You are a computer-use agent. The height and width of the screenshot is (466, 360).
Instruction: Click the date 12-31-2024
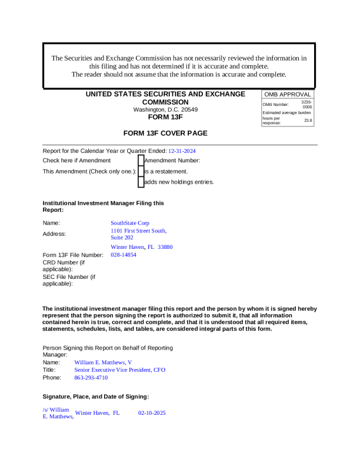(182, 151)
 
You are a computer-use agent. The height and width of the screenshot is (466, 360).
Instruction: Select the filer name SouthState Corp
(130, 223)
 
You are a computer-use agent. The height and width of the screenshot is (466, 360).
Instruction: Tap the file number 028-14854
(124, 255)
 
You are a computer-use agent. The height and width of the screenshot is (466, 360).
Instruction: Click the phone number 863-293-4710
(91, 378)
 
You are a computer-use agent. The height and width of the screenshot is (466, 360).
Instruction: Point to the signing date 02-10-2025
(152, 413)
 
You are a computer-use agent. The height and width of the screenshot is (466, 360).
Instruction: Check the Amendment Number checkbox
(141, 160)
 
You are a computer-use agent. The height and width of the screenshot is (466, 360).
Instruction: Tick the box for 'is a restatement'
(141, 171)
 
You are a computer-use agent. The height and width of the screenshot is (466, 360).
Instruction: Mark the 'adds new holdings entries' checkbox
(141, 182)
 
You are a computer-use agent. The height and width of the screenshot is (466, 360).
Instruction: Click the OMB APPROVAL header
(287, 95)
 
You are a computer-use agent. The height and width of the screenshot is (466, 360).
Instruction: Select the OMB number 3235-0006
(306, 104)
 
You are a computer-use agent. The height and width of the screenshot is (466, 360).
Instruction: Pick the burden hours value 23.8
(308, 121)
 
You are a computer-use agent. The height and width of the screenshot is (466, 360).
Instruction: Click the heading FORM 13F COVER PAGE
(165, 133)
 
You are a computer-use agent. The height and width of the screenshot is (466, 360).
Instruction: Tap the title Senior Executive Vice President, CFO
(120, 370)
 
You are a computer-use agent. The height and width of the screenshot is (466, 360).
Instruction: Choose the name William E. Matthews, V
(103, 362)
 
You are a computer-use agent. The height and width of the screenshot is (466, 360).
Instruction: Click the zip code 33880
(165, 247)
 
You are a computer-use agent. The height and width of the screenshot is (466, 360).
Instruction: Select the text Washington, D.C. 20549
(165, 109)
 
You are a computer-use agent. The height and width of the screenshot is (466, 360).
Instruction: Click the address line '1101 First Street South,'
(139, 231)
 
